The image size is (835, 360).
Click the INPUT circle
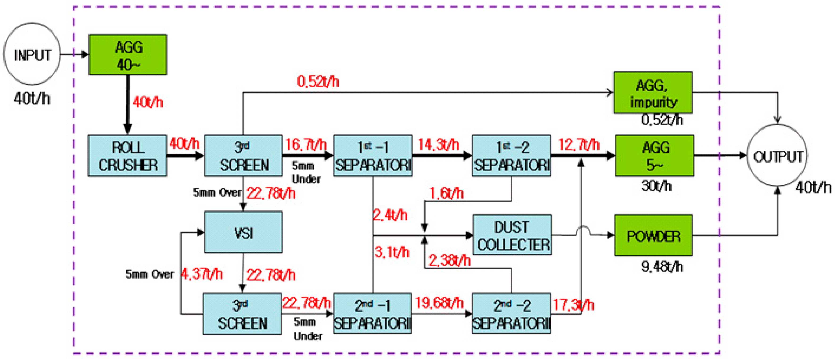[32, 54]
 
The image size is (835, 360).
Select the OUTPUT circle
[777, 156]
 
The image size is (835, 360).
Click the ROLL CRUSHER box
[128, 156]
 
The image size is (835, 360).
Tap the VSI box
[243, 232]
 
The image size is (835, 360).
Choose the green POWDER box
[653, 235]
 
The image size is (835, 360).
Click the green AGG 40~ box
[128, 55]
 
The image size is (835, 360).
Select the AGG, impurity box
[653, 93]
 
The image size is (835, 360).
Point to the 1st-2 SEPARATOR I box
[511, 156]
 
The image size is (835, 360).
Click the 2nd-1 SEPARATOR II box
[372, 314]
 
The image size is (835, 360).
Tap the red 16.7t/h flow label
[306, 145]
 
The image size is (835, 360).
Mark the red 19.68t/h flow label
[439, 303]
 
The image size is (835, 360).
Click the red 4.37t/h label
[202, 274]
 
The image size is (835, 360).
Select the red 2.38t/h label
[449, 260]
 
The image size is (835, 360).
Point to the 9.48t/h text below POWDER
[662, 267]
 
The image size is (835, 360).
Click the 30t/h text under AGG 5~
[656, 186]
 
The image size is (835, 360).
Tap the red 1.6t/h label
[446, 194]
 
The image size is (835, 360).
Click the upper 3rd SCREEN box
[243, 156]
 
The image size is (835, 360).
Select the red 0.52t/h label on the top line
[318, 82]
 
